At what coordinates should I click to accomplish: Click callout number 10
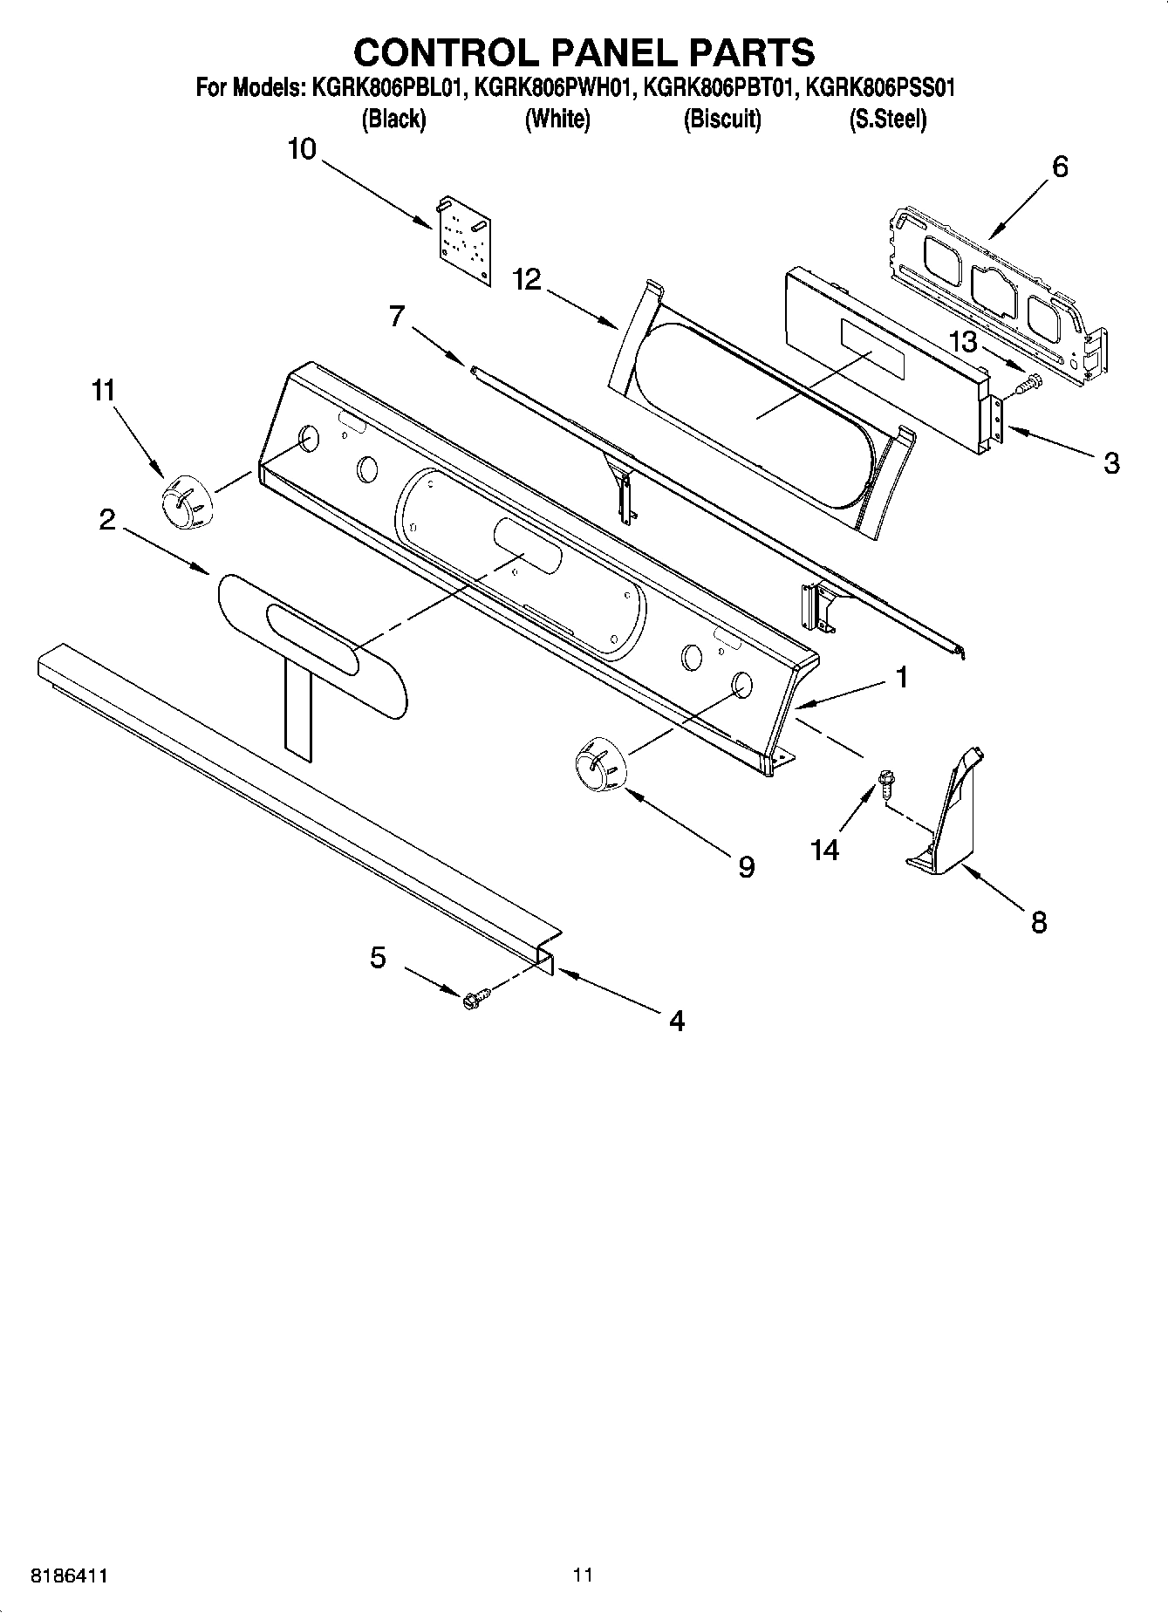click(302, 149)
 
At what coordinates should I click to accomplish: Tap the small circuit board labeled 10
click(463, 240)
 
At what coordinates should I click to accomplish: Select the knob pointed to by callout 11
click(186, 502)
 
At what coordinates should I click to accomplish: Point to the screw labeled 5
click(475, 999)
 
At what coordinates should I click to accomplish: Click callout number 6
click(1060, 166)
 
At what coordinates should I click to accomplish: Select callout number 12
click(527, 279)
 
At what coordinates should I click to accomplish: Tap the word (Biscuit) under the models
click(721, 119)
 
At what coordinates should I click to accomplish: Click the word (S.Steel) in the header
click(887, 119)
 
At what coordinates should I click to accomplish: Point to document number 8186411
click(70, 1575)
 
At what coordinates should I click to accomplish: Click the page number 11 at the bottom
click(583, 1575)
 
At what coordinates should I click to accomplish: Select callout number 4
click(677, 1020)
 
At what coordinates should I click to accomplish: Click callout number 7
click(398, 316)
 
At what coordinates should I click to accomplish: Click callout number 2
click(106, 520)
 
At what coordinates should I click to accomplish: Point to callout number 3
click(1110, 462)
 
